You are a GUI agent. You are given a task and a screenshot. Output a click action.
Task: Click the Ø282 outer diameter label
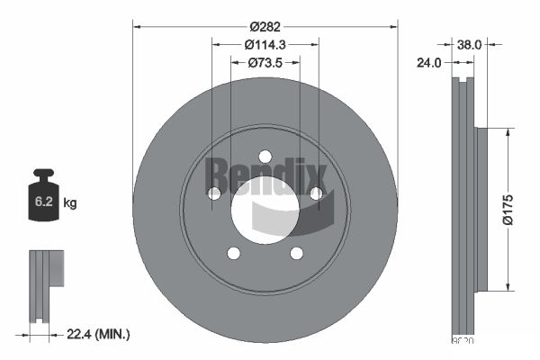[265, 26]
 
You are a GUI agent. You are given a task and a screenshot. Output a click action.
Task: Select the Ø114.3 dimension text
[265, 44]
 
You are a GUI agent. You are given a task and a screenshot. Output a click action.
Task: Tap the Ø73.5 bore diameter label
[265, 62]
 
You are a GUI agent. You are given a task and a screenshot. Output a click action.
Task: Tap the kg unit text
[70, 203]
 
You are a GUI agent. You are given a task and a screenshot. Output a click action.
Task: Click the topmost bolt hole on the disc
[265, 156]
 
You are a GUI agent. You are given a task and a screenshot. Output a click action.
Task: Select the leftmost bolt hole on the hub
[214, 193]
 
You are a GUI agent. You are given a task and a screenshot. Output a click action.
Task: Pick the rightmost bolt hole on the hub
[316, 193]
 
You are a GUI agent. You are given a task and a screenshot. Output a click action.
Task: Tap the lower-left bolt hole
[234, 253]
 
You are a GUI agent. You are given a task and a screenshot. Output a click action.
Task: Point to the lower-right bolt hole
[296, 253]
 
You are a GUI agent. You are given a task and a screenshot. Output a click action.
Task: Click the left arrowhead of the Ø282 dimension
[137, 26]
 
